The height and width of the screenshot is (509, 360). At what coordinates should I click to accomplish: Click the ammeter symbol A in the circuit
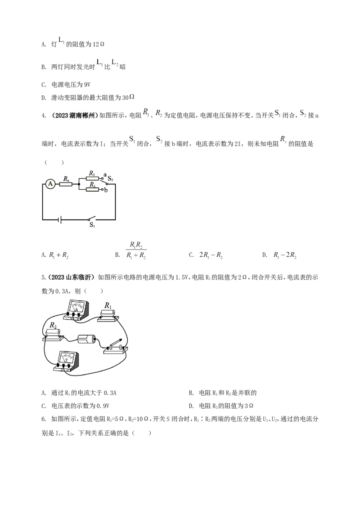(50, 184)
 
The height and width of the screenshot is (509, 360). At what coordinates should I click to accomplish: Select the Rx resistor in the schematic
(66, 184)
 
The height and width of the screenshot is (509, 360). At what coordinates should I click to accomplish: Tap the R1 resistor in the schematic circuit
(92, 178)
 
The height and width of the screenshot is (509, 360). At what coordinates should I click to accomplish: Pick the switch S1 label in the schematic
(92, 225)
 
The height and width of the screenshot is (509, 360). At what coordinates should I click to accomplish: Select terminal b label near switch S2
(106, 190)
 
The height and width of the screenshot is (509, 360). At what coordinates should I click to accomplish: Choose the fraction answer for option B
(136, 250)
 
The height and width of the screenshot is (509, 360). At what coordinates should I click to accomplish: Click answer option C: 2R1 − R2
(211, 255)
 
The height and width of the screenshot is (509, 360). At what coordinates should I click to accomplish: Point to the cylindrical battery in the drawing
(86, 340)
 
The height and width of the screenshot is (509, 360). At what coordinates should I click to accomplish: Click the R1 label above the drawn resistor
(108, 305)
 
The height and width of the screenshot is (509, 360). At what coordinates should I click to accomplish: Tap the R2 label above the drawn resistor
(53, 325)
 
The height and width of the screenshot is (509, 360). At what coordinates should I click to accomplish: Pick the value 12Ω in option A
(99, 45)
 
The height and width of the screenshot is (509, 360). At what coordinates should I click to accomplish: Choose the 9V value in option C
(87, 85)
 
